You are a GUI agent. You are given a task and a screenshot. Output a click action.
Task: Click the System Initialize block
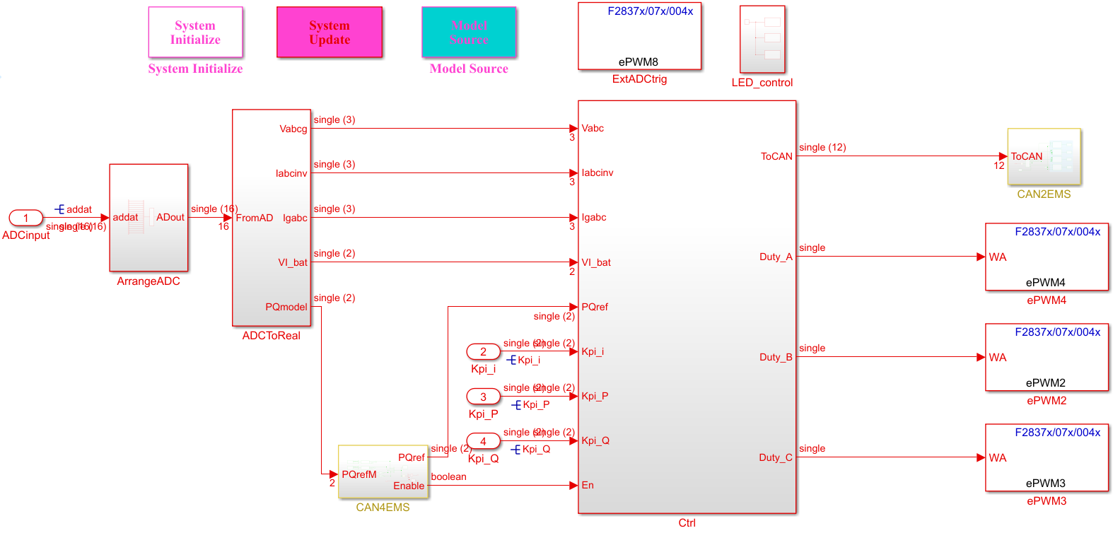click(195, 33)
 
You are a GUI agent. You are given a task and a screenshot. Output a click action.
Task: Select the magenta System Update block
click(330, 33)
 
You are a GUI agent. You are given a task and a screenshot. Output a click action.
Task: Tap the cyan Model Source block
click(469, 33)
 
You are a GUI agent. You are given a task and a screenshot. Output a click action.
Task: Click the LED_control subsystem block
click(762, 40)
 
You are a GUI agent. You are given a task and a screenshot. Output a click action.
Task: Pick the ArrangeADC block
click(148, 218)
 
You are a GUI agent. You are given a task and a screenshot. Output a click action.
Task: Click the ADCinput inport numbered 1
click(26, 218)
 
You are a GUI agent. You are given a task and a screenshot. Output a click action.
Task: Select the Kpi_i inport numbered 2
click(484, 351)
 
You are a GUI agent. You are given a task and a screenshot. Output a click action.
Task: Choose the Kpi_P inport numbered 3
click(484, 396)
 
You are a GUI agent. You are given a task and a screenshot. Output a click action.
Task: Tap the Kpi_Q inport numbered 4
click(484, 441)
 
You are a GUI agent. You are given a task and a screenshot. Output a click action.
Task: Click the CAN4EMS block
click(383, 472)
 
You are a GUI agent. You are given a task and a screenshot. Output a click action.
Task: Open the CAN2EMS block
click(1044, 157)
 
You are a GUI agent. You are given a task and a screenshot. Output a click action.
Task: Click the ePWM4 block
click(1047, 257)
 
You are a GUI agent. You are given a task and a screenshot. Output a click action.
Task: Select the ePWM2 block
click(1047, 357)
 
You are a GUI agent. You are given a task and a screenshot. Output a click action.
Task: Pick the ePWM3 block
click(1047, 457)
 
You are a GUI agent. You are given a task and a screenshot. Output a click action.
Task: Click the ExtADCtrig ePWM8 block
click(639, 36)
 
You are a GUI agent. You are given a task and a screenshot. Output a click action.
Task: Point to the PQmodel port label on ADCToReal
click(286, 307)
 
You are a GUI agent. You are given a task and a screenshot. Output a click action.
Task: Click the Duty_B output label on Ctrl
click(776, 357)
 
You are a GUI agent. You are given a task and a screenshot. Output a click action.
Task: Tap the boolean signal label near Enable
click(448, 476)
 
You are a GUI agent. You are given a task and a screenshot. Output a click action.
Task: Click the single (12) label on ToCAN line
click(822, 147)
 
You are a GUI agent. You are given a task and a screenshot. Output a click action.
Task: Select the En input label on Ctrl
click(588, 485)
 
